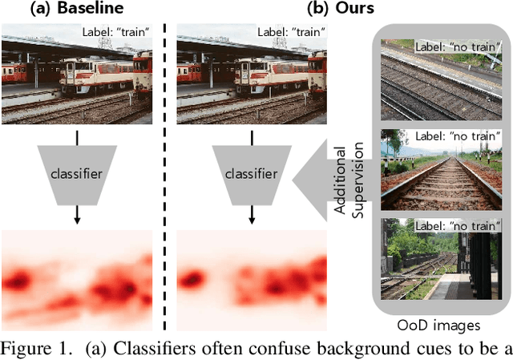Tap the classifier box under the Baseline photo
(x=76, y=172)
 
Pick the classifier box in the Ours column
(x=250, y=172)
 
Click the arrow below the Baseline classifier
(x=76, y=213)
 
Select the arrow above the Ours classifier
(x=250, y=136)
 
